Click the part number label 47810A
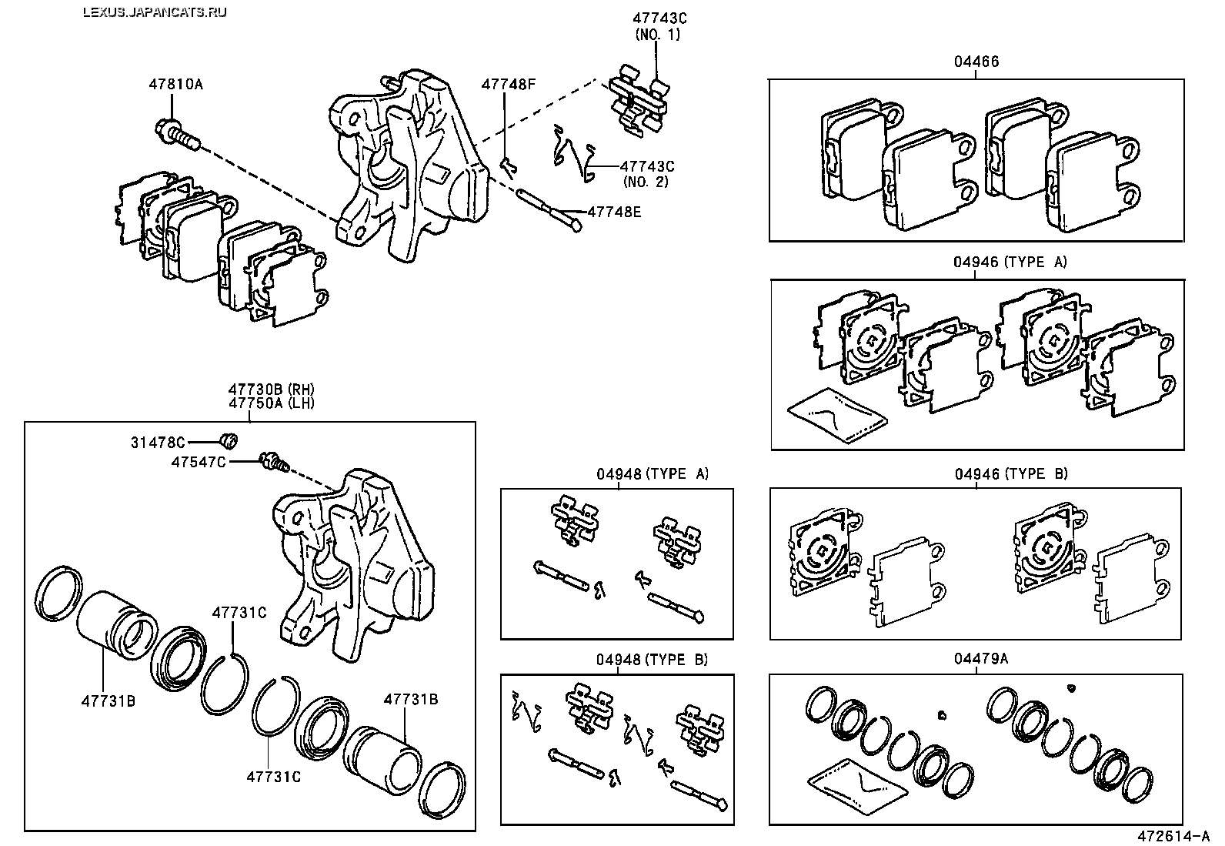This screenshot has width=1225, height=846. pos(175,84)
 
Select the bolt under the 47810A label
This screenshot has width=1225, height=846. pos(178,135)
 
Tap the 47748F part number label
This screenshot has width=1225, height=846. pos(508,84)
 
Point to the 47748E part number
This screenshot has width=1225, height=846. pos(614,212)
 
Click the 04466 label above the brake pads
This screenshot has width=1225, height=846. pos(976,62)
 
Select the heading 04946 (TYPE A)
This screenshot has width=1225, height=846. pos(1010,262)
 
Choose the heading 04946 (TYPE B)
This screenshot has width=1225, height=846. pos(1011,473)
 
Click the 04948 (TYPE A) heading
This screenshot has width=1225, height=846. pos(652,473)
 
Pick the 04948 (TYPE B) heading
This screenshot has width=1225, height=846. pos(652,660)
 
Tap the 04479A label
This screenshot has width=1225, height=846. pos(980,658)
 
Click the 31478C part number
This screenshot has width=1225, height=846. pos(158,442)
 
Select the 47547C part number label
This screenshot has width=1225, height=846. pos(198,463)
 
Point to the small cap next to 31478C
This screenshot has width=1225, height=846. pos(229,440)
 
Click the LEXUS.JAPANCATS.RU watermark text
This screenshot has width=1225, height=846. pos(155,12)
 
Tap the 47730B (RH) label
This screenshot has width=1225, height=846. pos(272,390)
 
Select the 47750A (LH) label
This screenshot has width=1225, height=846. pos(272,403)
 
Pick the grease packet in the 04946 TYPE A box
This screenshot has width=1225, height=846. pos(837,416)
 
